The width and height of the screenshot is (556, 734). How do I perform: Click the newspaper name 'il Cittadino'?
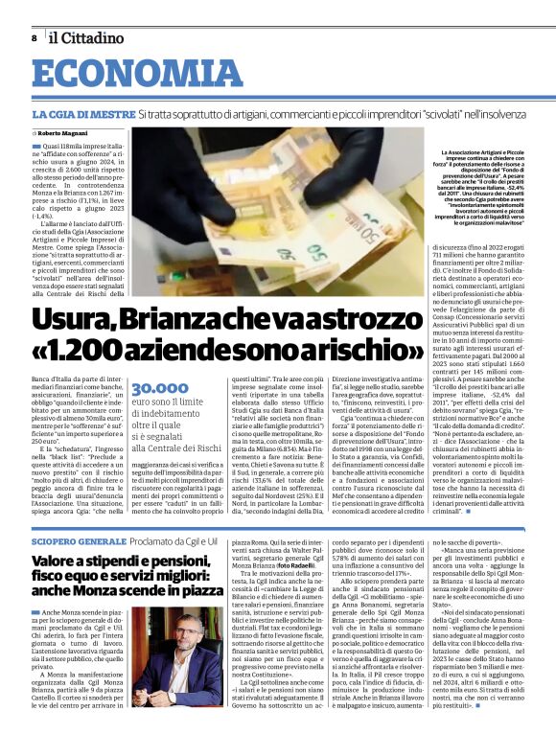point(86,38)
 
